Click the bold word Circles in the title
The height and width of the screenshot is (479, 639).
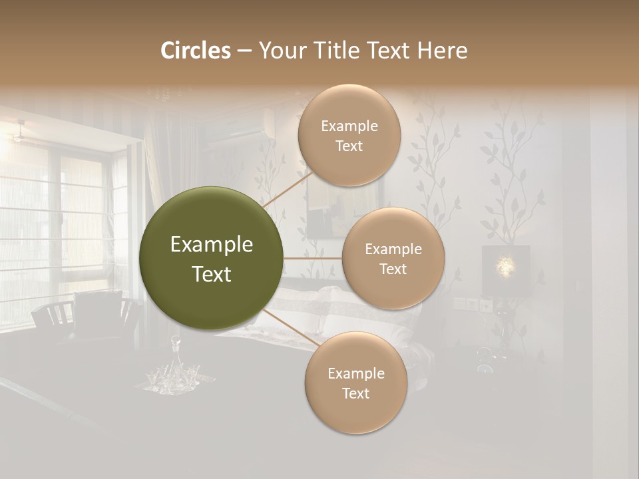coord(196,51)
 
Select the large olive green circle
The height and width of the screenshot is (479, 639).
coord(211,258)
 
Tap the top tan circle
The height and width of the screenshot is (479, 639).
coord(349,135)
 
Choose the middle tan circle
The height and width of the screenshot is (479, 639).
coord(393,258)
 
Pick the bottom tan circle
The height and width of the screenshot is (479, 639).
coord(355,383)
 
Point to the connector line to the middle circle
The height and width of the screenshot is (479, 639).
coord(312,258)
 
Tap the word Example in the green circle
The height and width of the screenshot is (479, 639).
coord(211,245)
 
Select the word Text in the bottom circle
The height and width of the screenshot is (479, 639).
coord(355,393)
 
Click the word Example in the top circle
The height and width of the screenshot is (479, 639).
coord(349,126)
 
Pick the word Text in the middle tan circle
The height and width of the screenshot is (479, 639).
coord(393,269)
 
